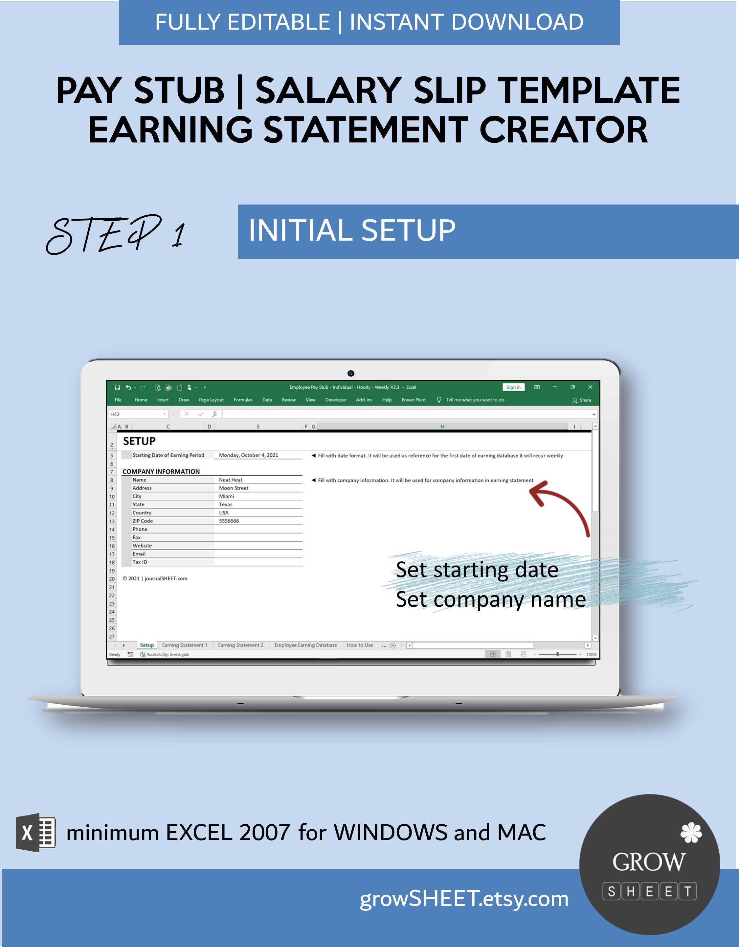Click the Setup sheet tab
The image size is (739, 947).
146,645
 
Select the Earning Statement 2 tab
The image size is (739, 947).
240,645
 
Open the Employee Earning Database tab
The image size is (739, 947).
305,645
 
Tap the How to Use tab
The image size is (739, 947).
360,645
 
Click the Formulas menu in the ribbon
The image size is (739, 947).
243,400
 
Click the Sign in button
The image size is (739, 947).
513,387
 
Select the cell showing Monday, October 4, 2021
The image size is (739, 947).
248,455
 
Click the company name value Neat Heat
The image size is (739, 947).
231,480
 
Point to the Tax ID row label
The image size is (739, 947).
140,562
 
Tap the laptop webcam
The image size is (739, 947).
351,373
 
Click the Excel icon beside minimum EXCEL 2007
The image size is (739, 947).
35,833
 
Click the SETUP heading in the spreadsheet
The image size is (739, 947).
139,441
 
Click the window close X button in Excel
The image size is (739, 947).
590,387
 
